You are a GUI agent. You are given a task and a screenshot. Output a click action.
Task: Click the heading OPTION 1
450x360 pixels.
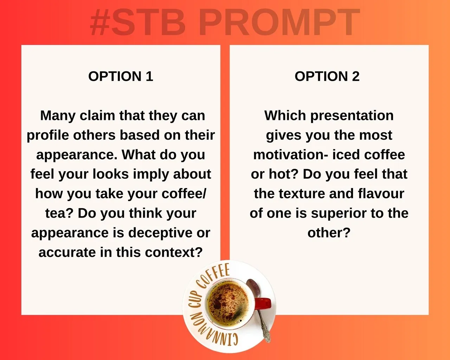(121, 76)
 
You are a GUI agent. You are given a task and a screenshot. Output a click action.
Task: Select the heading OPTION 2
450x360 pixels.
(327, 76)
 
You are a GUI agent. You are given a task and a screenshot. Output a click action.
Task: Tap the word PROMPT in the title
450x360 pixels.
(279, 22)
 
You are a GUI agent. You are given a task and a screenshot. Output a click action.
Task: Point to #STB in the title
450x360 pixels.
(138, 22)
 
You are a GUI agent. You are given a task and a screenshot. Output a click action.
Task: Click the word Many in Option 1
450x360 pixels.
(58, 116)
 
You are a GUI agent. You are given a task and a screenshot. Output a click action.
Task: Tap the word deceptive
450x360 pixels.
(160, 233)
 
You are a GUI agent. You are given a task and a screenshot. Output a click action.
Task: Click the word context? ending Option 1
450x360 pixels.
(174, 252)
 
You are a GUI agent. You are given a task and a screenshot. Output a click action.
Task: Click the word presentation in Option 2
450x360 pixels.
(352, 116)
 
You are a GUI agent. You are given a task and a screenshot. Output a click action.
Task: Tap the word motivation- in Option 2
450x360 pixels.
(290, 155)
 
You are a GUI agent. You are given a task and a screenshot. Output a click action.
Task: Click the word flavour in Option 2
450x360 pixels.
(381, 194)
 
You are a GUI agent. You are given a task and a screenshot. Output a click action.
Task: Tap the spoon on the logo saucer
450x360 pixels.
(258, 310)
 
